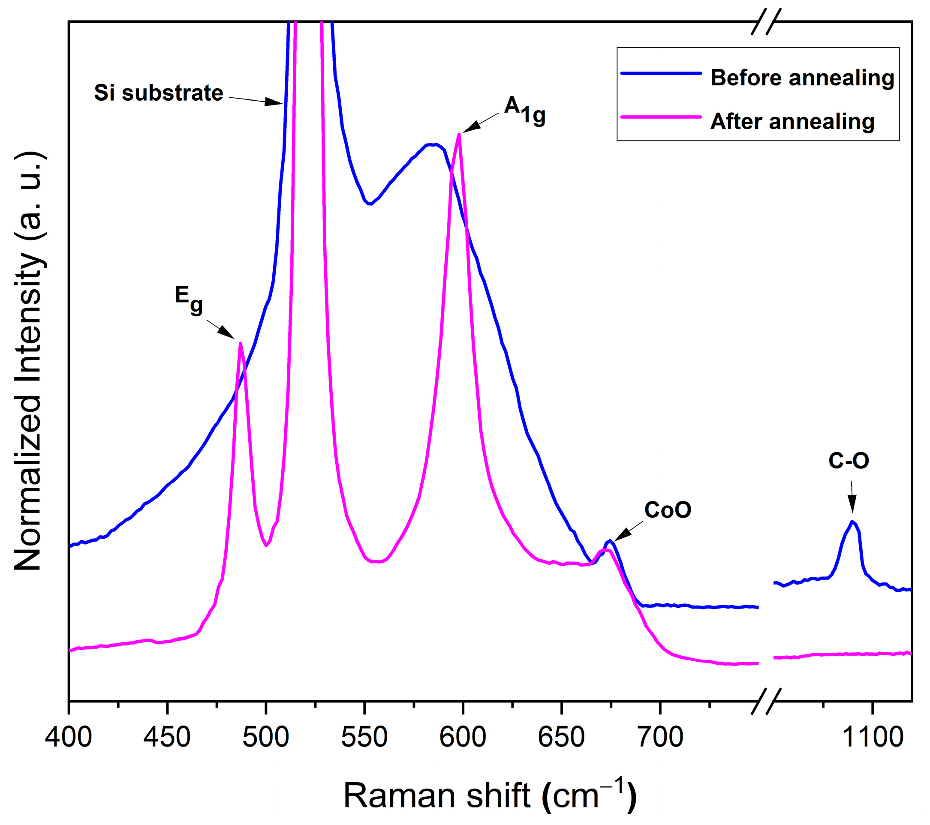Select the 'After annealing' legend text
(x=792, y=121)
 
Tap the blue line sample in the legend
(x=661, y=73)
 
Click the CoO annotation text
(x=668, y=510)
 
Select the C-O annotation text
(x=849, y=461)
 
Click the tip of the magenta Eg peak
(x=240, y=343)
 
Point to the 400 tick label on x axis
(x=69, y=737)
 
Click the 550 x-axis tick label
(x=364, y=737)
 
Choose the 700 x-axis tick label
(x=660, y=737)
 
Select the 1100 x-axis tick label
(x=873, y=737)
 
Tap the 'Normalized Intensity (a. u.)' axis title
(x=28, y=362)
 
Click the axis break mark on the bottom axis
(x=766, y=701)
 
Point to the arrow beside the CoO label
(x=628, y=531)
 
